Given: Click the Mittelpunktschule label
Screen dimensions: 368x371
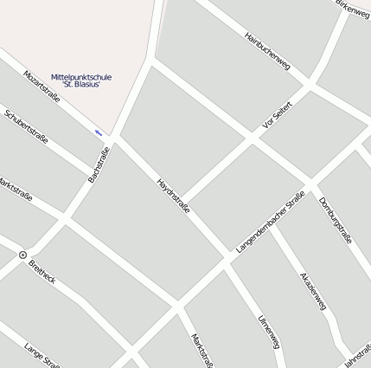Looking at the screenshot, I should [81, 77].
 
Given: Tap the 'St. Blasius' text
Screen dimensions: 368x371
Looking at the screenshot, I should [81, 85].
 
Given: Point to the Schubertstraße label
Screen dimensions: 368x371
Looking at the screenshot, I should [26, 126].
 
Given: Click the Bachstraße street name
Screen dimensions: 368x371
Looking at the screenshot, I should [99, 165].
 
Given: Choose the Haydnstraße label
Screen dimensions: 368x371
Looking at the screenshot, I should [173, 196].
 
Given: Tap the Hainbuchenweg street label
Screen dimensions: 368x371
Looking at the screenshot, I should [265, 51].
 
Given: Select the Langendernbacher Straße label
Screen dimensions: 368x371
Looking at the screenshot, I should [270, 222].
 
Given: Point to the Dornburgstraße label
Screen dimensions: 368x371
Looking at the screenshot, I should [335, 221].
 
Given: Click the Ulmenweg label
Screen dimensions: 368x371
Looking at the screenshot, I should [269, 332].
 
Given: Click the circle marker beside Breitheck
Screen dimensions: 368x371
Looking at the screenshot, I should [22, 255].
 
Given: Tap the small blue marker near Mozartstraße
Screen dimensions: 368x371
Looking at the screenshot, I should [99, 132].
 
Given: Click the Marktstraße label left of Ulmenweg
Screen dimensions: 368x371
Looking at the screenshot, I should [201, 349].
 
